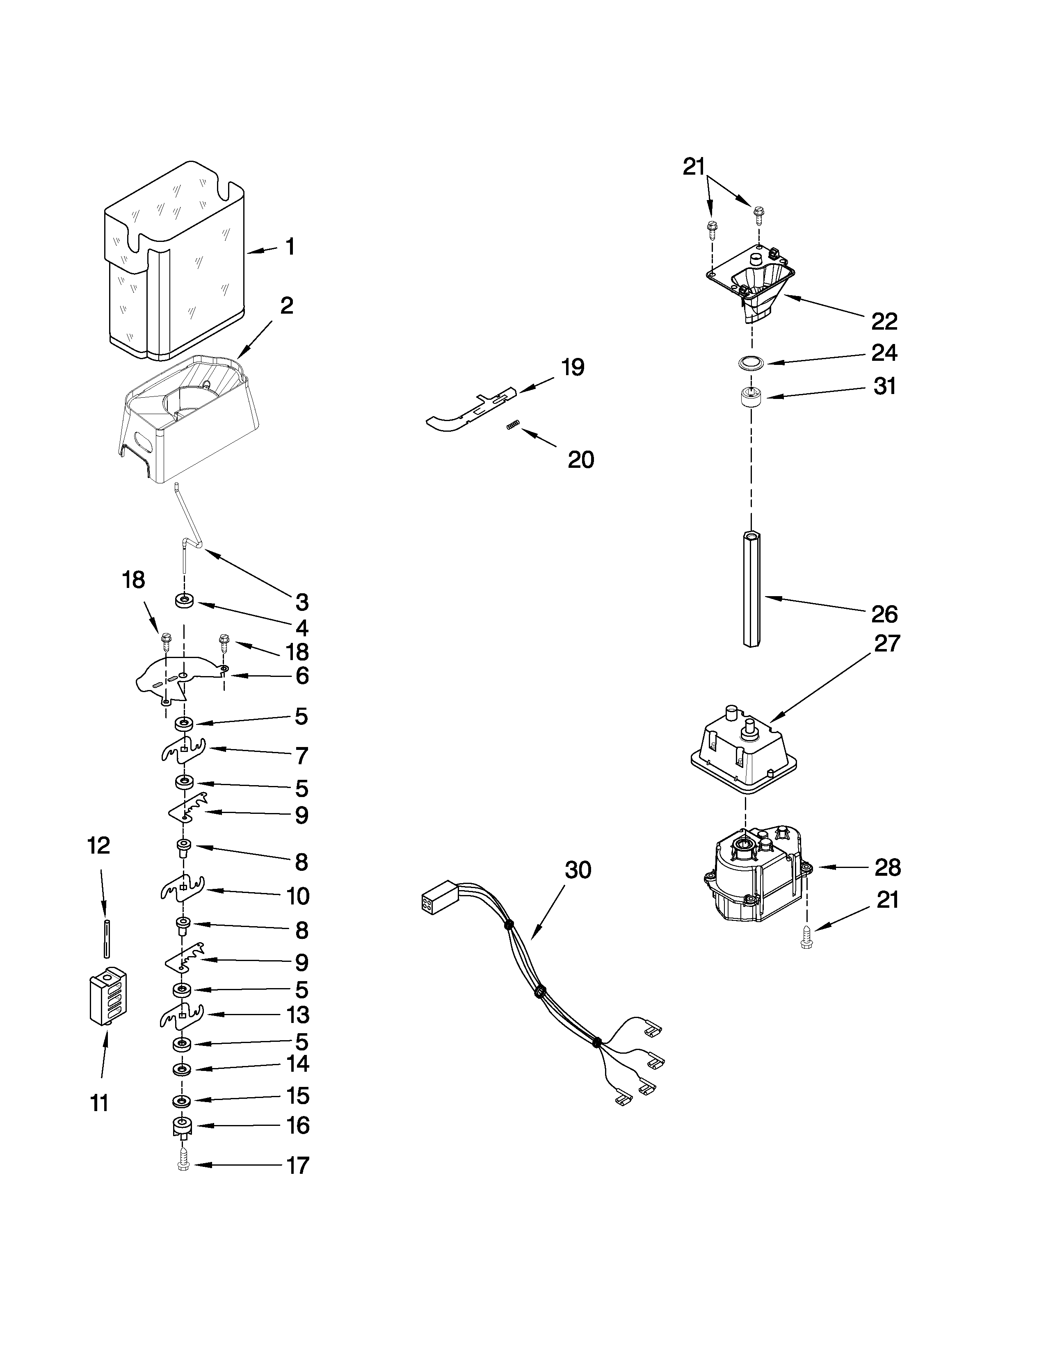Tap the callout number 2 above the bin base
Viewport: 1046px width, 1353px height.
tap(286, 305)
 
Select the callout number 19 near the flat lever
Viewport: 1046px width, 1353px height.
tap(573, 367)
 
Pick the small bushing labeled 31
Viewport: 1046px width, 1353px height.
tap(751, 396)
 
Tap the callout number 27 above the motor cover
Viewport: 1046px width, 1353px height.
tap(886, 644)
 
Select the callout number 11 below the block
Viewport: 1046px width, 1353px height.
tap(99, 1103)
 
